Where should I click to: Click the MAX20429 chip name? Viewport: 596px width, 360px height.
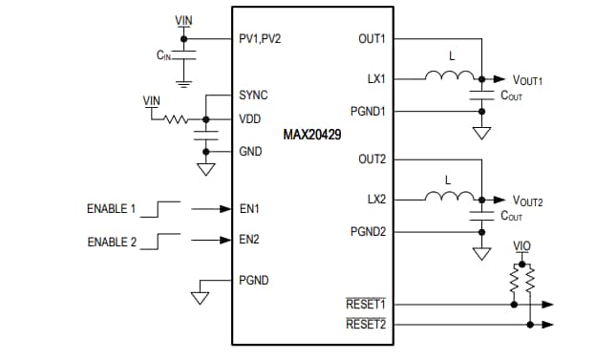point(312,136)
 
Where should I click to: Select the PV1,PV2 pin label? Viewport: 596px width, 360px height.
point(261,39)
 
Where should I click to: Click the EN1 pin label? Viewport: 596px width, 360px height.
point(248,207)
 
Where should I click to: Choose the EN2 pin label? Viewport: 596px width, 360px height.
point(248,240)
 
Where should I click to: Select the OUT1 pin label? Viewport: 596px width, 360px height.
point(371,39)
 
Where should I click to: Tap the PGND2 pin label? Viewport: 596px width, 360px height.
point(368,231)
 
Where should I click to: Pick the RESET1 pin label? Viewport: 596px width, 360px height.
point(365,305)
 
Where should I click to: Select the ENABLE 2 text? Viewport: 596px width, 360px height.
point(112,241)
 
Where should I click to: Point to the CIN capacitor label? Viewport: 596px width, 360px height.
point(164,56)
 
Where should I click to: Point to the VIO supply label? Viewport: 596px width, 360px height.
point(521,245)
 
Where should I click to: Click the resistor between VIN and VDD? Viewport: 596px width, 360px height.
point(178,119)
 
